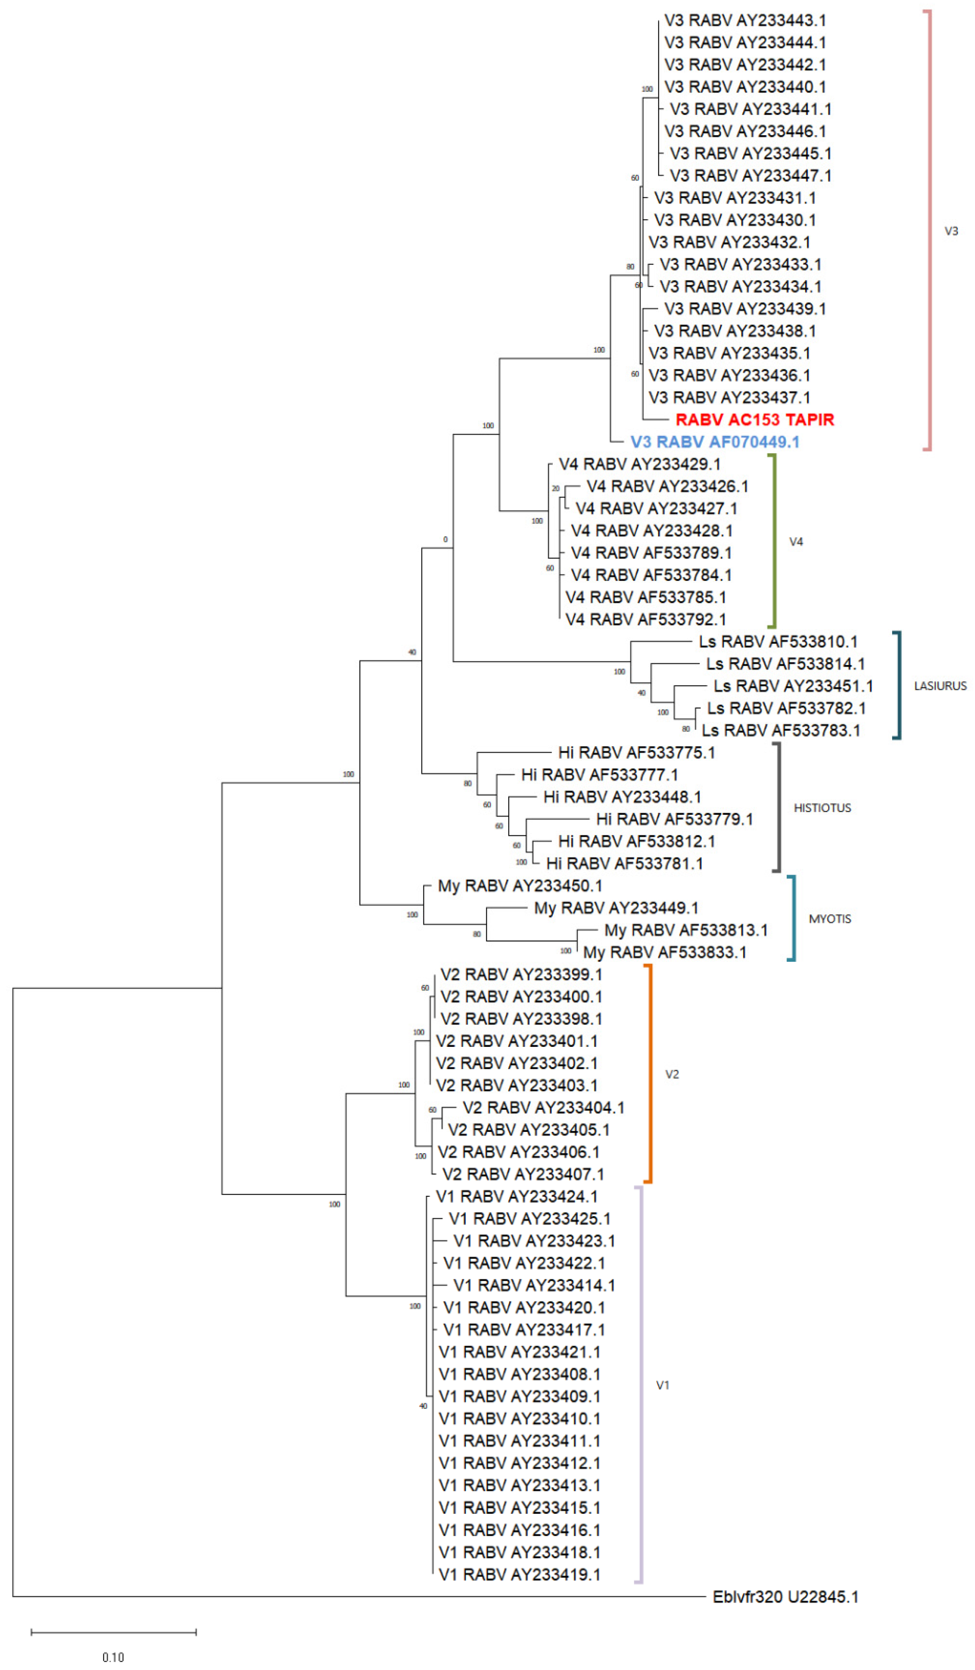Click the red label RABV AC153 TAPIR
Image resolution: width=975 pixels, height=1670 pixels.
[754, 420]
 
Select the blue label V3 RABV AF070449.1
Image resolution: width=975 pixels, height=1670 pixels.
[715, 442]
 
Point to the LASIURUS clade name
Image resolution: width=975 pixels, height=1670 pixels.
[940, 686]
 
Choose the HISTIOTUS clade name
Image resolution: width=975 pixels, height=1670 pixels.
[822, 808]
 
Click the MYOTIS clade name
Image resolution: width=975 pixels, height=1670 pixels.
[829, 918]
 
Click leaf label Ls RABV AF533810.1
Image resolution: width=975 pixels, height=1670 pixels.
[777, 642]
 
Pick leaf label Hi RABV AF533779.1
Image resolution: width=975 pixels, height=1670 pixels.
[674, 819]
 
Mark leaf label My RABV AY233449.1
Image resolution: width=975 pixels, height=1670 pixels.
[616, 908]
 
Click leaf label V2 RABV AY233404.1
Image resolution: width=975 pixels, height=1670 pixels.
[543, 1107]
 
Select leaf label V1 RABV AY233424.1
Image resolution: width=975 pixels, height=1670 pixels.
[517, 1196]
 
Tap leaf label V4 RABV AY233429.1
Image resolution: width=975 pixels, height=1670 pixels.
[639, 464]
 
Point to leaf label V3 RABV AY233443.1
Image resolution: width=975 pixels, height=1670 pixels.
[745, 21]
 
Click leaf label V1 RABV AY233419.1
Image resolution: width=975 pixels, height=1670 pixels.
[519, 1575]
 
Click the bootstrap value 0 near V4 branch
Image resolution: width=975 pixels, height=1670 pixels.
[445, 539]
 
